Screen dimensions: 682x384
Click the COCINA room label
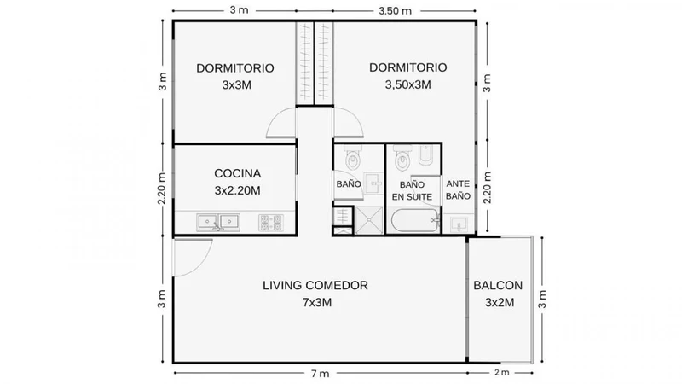click(x=238, y=173)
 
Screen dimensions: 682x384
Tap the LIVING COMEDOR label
click(x=315, y=286)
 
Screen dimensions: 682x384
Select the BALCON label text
click(x=498, y=286)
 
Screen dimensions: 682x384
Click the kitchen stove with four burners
click(x=271, y=223)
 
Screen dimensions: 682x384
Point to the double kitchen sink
click(x=218, y=222)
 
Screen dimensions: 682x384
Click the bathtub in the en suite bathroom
click(x=416, y=221)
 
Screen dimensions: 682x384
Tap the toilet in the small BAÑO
click(x=353, y=158)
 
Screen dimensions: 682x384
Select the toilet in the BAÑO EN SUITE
click(x=403, y=158)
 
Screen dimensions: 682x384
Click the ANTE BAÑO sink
click(x=459, y=224)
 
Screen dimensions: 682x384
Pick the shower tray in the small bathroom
click(x=369, y=221)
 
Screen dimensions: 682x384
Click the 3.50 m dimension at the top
click(x=395, y=11)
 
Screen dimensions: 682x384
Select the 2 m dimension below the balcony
click(x=501, y=373)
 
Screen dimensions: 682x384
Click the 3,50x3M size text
click(x=408, y=84)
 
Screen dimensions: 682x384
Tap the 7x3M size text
click(x=317, y=303)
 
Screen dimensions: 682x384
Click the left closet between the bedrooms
click(x=305, y=63)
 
